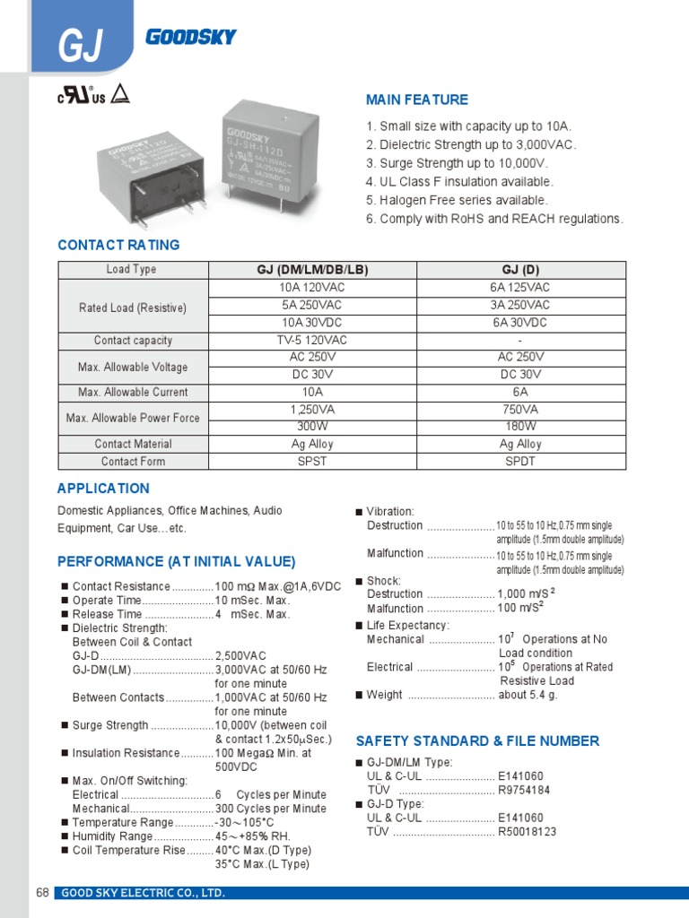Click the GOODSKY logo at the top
[190, 37]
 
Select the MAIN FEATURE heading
[417, 100]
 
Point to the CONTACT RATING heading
[118, 245]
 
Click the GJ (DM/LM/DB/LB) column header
[312, 270]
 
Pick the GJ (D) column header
[520, 270]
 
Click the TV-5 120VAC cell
[312, 341]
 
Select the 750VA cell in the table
[520, 410]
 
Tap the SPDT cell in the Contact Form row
[520, 462]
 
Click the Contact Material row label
[133, 444]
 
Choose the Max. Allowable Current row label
[133, 392]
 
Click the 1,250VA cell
[312, 410]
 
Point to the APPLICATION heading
[103, 489]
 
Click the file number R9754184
[524, 790]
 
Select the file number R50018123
[528, 832]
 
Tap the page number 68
[42, 893]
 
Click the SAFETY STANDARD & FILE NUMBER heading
[477, 740]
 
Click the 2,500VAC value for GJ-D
[240, 656]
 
